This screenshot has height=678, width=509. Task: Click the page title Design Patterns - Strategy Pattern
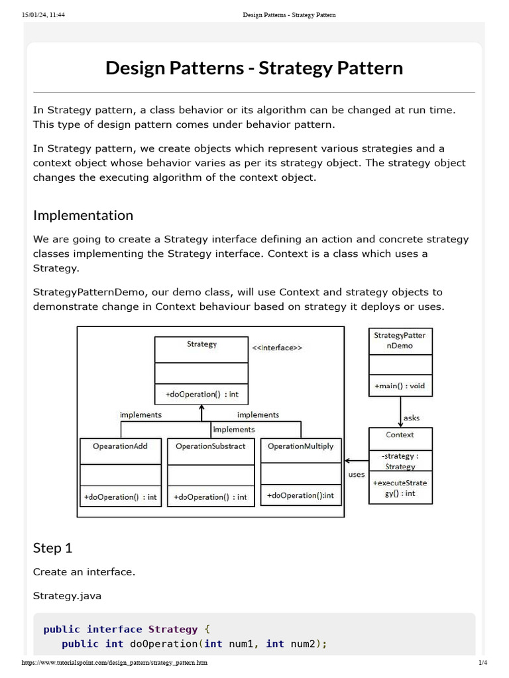tap(254, 68)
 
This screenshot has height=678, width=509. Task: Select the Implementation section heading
tap(83, 215)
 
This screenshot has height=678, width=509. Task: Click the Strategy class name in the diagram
tap(201, 344)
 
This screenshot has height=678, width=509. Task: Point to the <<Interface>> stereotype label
tap(276, 348)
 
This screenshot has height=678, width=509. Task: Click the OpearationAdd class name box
tap(120, 446)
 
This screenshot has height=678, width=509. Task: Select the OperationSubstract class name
tap(210, 446)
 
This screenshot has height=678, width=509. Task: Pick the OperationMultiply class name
tap(300, 446)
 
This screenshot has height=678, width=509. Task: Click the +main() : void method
tap(400, 386)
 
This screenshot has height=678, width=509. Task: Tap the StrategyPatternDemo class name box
tap(400, 340)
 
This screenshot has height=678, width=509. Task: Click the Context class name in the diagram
tap(400, 435)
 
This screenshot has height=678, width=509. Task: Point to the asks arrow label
tap(411, 418)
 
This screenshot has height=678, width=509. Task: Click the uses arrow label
tap(357, 474)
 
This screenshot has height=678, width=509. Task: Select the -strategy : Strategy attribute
tap(400, 461)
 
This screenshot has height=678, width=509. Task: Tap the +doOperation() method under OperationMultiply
tap(300, 495)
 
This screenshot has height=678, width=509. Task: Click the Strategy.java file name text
tap(67, 596)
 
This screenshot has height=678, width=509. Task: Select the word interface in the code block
tap(114, 629)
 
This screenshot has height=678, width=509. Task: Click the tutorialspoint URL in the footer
tap(115, 663)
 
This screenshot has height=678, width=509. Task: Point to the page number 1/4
tap(482, 663)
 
